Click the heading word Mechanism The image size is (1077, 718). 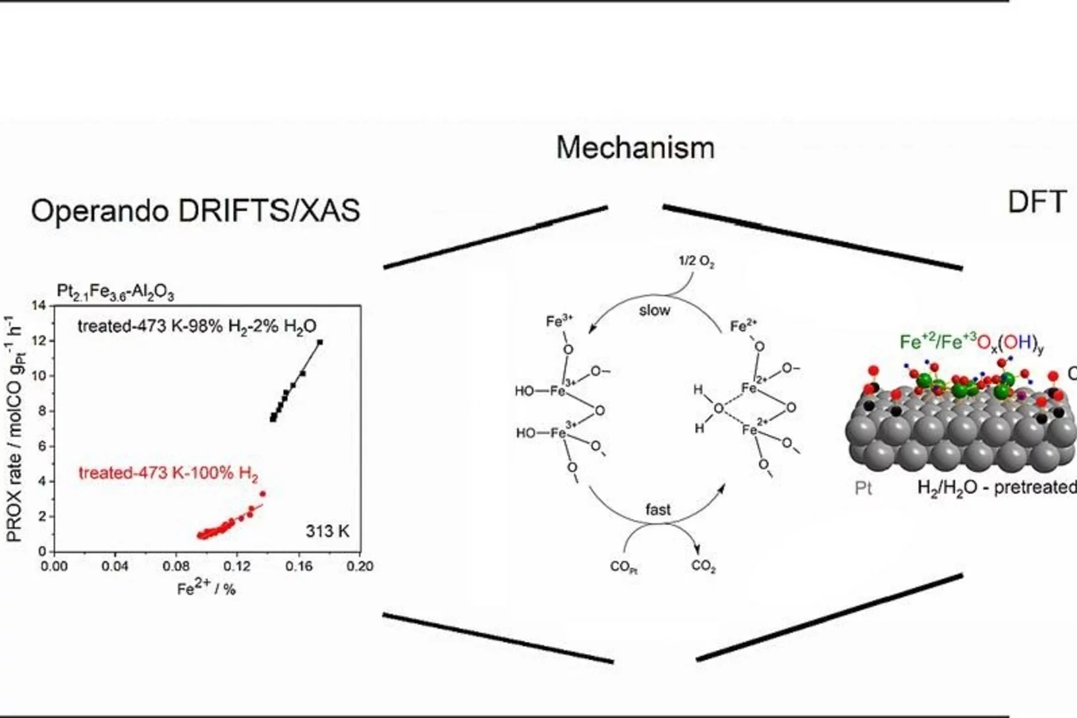[x=635, y=148]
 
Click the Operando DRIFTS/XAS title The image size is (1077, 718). [x=195, y=211]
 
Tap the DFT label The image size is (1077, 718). [x=1036, y=202]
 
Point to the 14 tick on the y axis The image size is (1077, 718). [x=39, y=306]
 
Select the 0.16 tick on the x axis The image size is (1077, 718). [x=299, y=566]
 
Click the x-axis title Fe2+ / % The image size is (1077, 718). [x=206, y=588]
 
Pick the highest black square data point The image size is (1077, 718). [x=320, y=342]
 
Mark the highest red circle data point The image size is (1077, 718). [x=263, y=493]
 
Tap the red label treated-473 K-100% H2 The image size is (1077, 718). [x=168, y=474]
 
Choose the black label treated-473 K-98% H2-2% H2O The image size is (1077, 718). [x=197, y=327]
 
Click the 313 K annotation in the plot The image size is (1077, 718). [x=327, y=531]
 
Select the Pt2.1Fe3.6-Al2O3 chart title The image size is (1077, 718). [x=115, y=292]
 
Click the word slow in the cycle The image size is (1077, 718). [x=654, y=310]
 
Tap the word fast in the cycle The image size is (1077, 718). [x=658, y=510]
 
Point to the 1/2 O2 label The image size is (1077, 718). [x=696, y=262]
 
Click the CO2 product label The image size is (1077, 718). [x=704, y=566]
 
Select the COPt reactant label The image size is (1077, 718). [x=623, y=566]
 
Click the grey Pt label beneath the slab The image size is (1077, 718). [x=863, y=488]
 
